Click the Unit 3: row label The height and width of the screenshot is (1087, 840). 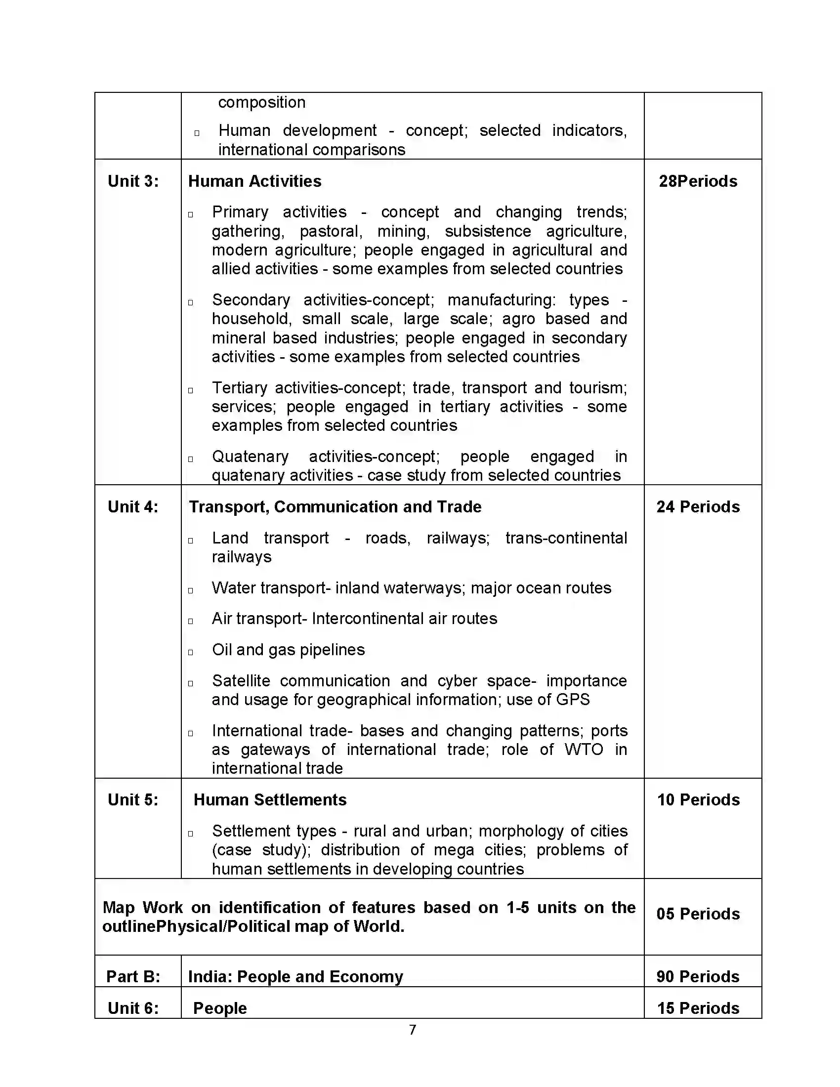[x=133, y=181]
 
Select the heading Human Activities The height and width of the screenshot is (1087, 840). [x=254, y=181]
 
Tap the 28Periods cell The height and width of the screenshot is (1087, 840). [x=698, y=181]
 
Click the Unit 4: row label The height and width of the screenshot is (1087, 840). [x=133, y=506]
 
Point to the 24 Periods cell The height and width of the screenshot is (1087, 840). [x=698, y=506]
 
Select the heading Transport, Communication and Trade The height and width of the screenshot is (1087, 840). [x=335, y=506]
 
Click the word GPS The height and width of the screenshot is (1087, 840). [x=573, y=699]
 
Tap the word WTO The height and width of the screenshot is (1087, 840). [x=584, y=749]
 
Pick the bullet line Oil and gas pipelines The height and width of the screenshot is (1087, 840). [x=288, y=650]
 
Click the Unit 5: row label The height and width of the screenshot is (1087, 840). [x=133, y=800]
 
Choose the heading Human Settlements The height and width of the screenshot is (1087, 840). [x=270, y=800]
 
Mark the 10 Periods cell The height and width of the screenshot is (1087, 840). [x=698, y=800]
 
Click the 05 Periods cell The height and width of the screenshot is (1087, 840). [x=698, y=914]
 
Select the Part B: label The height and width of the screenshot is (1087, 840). [x=133, y=976]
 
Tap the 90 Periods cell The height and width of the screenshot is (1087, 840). [x=698, y=976]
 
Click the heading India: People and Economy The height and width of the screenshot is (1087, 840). [x=295, y=976]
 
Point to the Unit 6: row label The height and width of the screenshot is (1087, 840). [x=133, y=1008]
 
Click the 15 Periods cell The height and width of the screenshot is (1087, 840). [x=698, y=1008]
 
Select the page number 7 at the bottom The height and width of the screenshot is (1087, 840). [x=413, y=1030]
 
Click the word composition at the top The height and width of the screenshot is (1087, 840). [x=262, y=102]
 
